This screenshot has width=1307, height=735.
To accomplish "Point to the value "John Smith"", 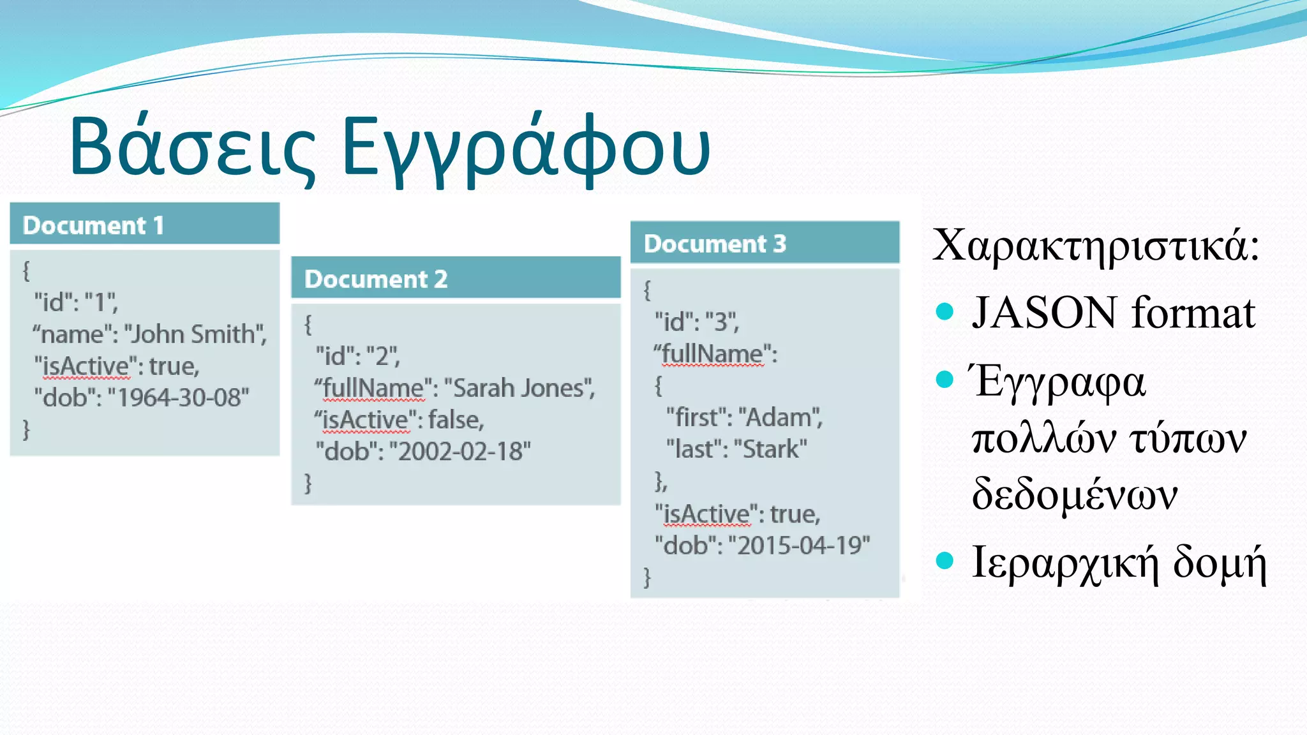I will tap(195, 334).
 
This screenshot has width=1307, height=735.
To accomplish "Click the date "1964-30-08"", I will tap(179, 397).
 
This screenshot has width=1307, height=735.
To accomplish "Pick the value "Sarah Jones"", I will tap(519, 388).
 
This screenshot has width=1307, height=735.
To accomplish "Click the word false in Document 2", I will tap(455, 420).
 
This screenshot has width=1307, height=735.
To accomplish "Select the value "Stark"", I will tap(770, 450).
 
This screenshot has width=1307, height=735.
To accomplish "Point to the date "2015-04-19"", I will tap(799, 546).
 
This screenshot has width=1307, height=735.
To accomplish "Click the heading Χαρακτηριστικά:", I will tap(1095, 245).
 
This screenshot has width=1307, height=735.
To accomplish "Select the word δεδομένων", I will tap(1074, 494).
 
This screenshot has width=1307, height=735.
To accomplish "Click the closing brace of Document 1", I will tap(26, 429).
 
